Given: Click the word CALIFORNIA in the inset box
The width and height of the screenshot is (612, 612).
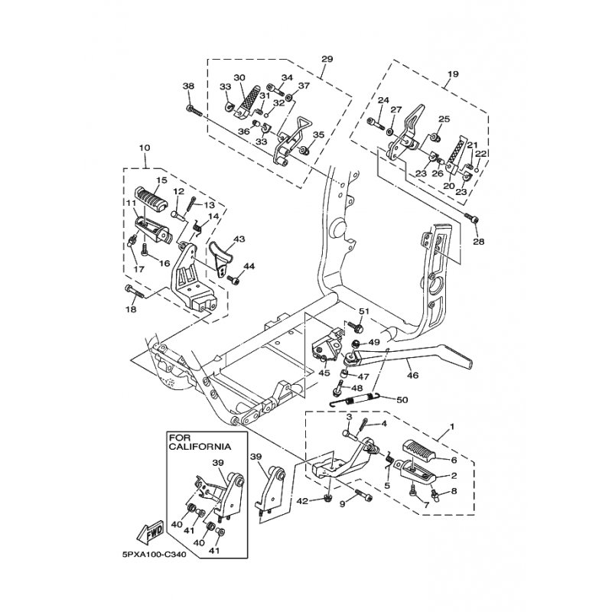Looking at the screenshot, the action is point(200,447).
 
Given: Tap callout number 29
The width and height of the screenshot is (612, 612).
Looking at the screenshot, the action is point(327,59).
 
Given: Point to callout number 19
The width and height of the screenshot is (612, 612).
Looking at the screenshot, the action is point(453,73).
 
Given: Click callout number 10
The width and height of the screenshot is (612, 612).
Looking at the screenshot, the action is point(145,148).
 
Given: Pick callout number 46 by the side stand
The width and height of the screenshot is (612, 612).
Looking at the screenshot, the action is point(412,376).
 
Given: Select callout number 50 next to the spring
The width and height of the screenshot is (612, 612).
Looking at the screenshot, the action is point(402,400).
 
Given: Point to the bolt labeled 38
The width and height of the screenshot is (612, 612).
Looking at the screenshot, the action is point(195,109).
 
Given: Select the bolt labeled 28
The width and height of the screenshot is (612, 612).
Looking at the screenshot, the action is point(471,219).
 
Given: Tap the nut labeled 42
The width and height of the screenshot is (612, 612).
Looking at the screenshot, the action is point(328,498).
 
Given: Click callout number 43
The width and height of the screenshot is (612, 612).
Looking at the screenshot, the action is point(239,238).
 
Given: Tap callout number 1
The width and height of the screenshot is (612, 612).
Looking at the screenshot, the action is point(452,427).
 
